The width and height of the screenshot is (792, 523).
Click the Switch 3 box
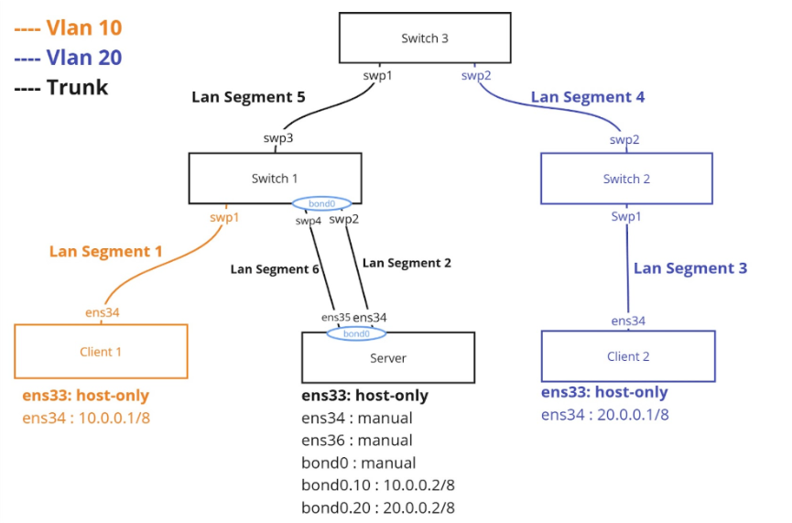coord(425,38)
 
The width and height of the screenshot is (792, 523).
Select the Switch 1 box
coord(274,178)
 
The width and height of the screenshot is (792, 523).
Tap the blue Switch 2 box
coord(626,178)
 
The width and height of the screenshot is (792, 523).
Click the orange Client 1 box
coord(101,351)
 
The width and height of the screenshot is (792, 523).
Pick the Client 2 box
coord(627,355)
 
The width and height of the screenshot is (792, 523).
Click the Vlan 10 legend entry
coord(68,28)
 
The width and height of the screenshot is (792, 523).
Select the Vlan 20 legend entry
coord(68,58)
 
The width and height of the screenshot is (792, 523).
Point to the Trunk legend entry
coord(61,88)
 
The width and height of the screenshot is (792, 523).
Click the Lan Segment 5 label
coord(247,96)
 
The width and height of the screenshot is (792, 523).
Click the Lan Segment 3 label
coord(690,268)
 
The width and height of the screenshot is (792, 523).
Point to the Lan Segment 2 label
coord(407,262)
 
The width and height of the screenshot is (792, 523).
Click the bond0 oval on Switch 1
coord(320,203)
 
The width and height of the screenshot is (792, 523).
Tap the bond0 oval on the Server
coord(356,333)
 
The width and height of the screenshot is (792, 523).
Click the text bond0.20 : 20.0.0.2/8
coord(378,507)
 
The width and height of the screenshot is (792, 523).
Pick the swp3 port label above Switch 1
coord(278,138)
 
